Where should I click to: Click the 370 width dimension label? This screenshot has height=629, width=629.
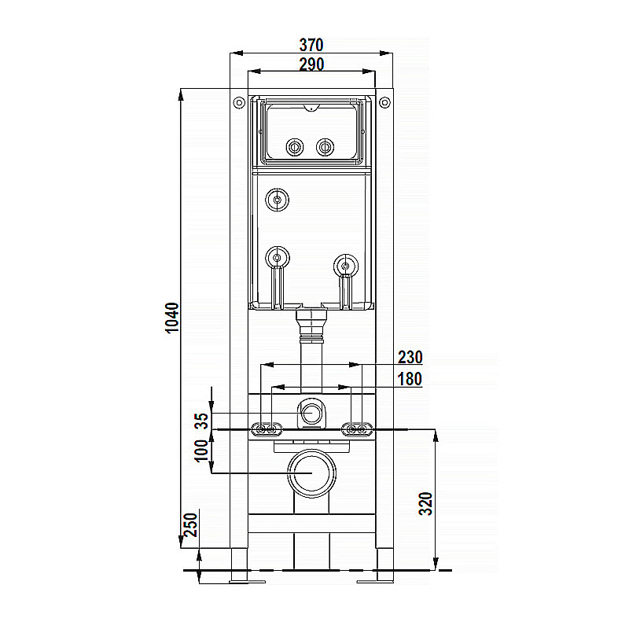311,45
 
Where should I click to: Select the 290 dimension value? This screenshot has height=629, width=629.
311,64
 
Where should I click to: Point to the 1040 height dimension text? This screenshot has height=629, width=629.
172,318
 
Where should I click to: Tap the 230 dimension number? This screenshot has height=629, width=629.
410,357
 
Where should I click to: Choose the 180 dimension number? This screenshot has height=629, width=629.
410,379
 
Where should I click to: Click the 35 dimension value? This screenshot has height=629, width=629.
202,421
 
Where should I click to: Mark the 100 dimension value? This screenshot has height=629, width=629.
201,451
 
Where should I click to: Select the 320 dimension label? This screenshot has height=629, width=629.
425,503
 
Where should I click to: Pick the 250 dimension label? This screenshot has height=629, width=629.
190,524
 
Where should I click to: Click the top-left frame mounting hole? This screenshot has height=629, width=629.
239,103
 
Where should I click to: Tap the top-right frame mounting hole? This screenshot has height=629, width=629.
384,103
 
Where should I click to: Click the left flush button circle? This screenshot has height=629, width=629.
295,147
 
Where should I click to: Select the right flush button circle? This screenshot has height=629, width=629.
325,147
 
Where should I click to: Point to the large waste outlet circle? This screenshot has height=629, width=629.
311,473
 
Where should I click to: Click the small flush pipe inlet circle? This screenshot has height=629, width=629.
311,414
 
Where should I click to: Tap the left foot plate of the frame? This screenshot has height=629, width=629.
247,581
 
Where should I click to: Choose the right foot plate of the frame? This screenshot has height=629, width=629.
376,581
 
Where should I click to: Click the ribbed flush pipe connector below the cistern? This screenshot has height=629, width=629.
311,326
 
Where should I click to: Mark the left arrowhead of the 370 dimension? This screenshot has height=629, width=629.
237,53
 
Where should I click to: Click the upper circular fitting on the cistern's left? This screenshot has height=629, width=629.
277,200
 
